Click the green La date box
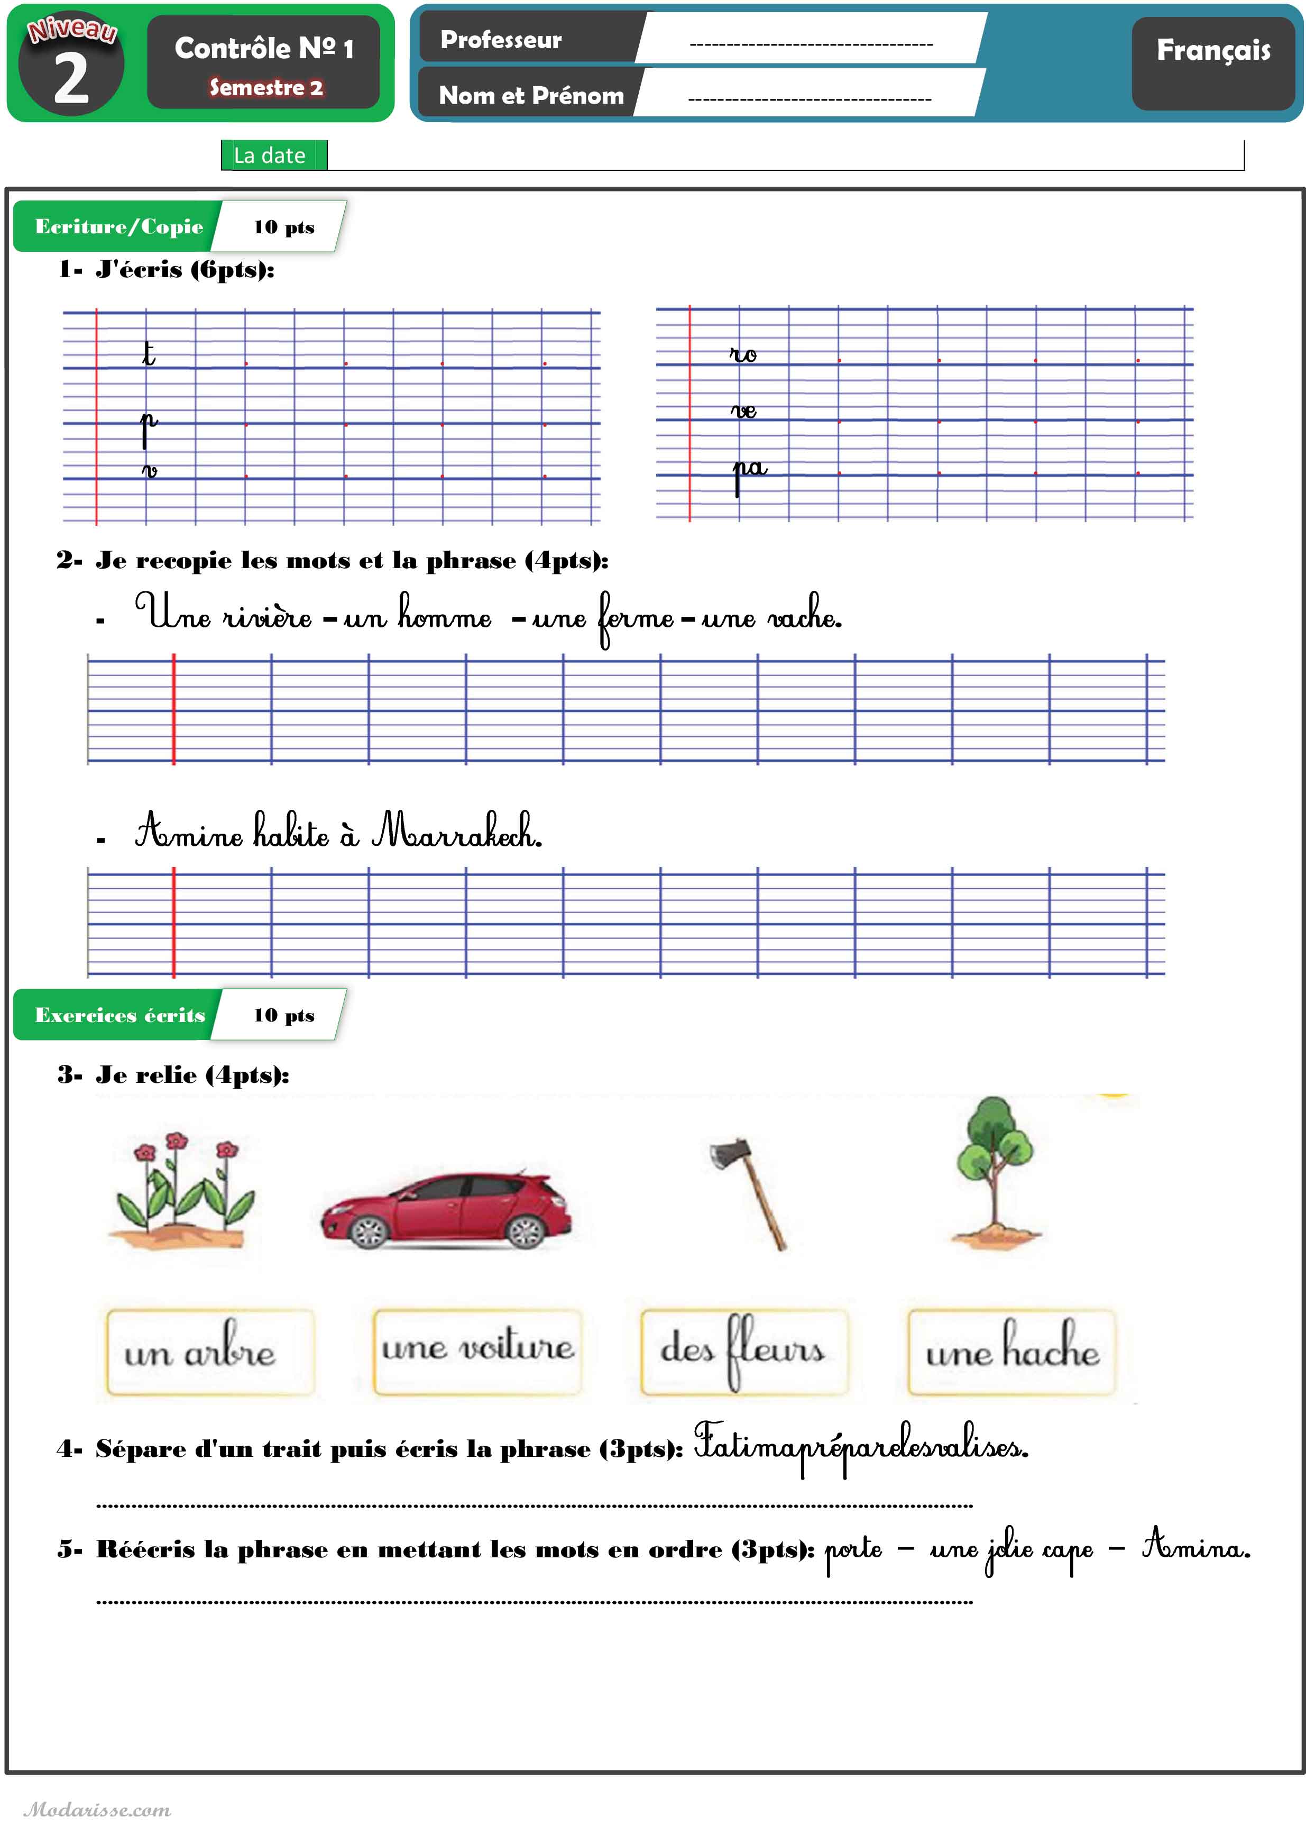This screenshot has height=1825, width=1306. click(270, 155)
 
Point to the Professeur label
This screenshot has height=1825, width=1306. click(501, 40)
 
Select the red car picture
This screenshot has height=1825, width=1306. click(447, 1208)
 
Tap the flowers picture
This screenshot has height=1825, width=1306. click(183, 1190)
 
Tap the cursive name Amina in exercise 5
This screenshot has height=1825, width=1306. click(1196, 1545)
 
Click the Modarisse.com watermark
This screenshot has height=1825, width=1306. click(97, 1810)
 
